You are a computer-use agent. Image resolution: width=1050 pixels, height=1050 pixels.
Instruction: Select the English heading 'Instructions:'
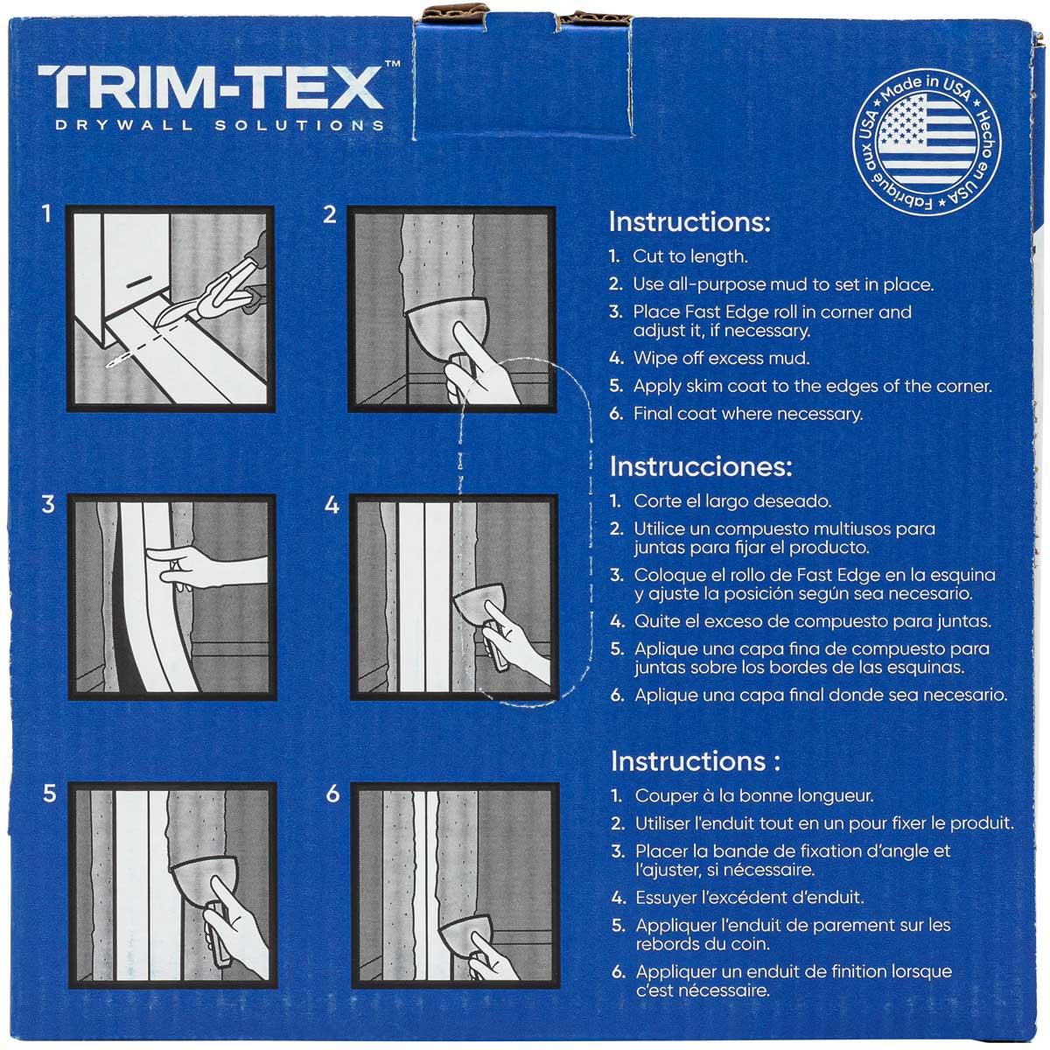(689, 221)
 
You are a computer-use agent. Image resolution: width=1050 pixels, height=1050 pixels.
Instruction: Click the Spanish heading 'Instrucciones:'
(700, 465)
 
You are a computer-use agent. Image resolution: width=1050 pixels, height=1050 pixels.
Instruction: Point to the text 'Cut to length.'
(690, 257)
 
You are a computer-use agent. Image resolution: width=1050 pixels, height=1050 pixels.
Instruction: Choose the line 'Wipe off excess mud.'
(721, 357)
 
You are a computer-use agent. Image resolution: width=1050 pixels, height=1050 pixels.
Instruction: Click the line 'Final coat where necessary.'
(747, 414)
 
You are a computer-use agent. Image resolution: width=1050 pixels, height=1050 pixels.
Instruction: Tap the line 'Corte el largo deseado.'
(732, 502)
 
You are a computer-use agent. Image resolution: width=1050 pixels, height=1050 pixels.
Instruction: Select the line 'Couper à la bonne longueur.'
(754, 796)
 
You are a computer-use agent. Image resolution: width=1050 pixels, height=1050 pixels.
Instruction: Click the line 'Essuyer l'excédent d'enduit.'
(750, 897)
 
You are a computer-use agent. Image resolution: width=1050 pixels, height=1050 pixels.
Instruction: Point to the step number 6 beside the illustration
(332, 794)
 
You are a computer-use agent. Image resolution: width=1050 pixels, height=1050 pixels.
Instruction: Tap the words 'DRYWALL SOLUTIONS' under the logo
(219, 125)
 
